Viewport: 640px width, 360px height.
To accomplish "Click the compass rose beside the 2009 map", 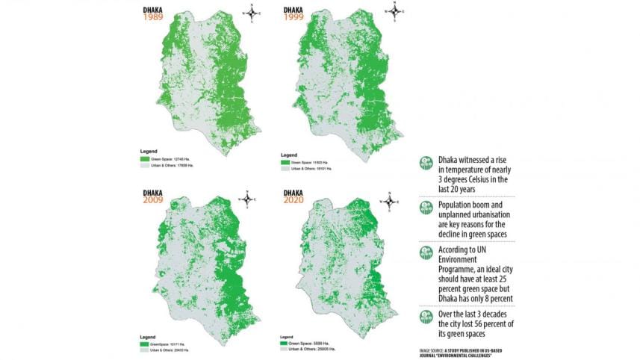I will tap(247, 199).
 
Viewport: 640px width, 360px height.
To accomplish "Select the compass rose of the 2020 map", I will tap(389, 200).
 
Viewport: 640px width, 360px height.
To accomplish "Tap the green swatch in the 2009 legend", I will tap(144, 343).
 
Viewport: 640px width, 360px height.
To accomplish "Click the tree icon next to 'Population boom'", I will tap(425, 207).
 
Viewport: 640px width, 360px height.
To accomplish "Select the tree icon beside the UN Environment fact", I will tap(425, 252).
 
